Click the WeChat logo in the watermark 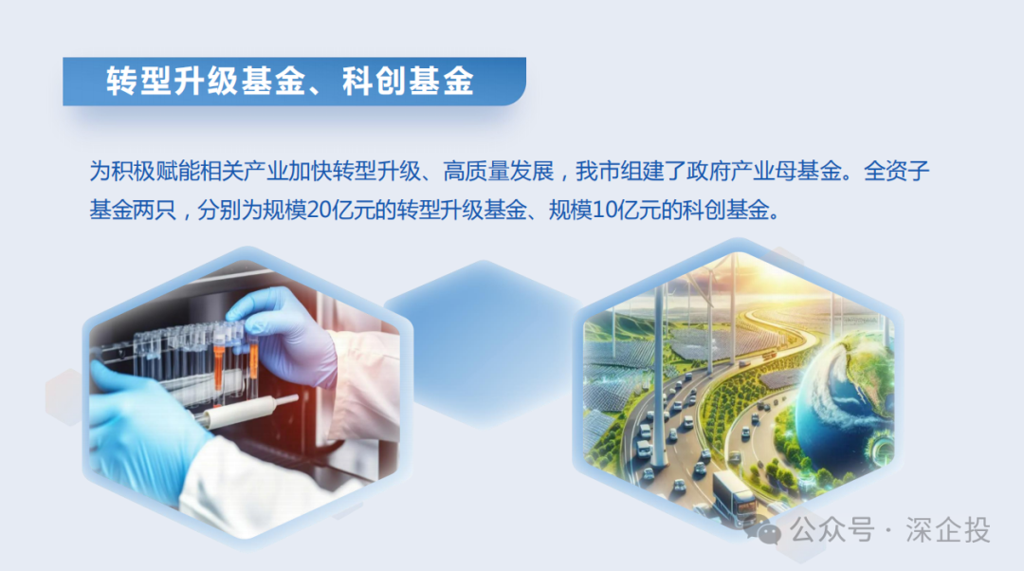point(771,530)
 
